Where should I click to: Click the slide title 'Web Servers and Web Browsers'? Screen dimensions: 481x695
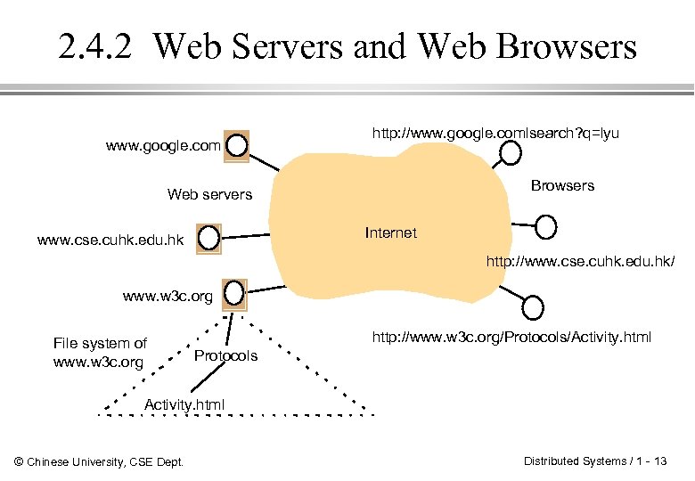tap(395, 46)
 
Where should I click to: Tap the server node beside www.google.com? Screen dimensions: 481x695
tap(237, 144)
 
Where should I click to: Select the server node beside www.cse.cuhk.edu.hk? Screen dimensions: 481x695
tap(208, 239)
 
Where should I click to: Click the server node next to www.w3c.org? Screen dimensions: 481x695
tap(234, 291)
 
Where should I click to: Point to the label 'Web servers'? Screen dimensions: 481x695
tap(209, 194)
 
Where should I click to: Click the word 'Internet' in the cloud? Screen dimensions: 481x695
tap(390, 232)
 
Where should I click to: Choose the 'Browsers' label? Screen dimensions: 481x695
tap(562, 185)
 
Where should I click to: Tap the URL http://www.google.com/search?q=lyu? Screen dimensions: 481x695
tap(495, 134)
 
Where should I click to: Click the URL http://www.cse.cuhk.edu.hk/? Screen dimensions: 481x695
tap(580, 262)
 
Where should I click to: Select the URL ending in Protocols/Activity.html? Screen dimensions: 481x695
tap(511, 337)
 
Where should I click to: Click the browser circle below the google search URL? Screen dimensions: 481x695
tap(510, 153)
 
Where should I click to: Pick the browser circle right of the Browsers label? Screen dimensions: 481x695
tap(546, 226)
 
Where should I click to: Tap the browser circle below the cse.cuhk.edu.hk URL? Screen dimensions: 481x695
tap(533, 308)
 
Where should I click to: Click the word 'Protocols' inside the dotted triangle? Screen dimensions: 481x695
tap(225, 355)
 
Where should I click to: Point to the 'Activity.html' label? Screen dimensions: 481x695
tap(184, 404)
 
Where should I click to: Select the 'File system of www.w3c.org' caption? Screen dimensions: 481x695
tap(100, 353)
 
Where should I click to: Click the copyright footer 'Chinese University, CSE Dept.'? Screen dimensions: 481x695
tap(100, 461)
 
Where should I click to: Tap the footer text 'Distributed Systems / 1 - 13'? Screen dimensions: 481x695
tap(595, 461)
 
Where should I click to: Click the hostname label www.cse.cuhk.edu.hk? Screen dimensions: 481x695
tap(110, 240)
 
